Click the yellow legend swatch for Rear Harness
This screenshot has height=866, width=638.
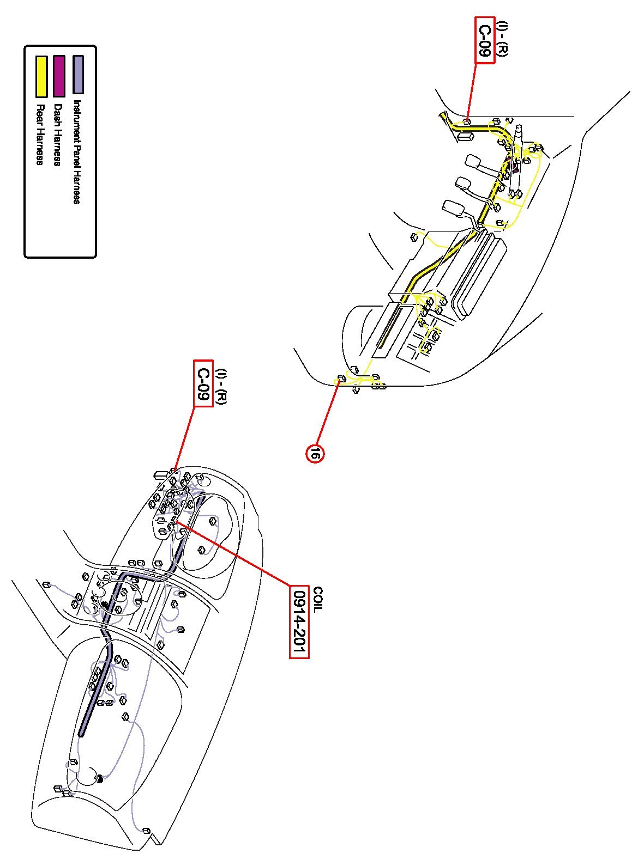[41, 76]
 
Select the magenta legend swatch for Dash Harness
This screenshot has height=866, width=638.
[59, 75]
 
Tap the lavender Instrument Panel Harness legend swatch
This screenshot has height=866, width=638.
[79, 75]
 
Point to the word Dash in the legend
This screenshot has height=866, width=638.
[58, 113]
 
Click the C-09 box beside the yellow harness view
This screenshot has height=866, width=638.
[485, 41]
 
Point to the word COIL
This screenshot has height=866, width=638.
[318, 599]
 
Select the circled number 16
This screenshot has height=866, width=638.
[315, 453]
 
